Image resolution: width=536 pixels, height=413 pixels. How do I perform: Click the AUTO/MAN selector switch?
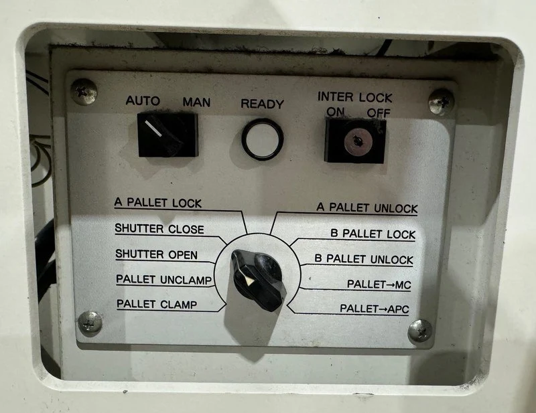pyautogui.click(x=167, y=135)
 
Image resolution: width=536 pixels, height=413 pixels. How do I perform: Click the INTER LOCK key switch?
pyautogui.click(x=355, y=141)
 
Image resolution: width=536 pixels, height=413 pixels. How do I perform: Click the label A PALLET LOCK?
pyautogui.click(x=158, y=203)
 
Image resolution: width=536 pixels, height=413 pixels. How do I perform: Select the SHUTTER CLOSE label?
pyautogui.click(x=159, y=228)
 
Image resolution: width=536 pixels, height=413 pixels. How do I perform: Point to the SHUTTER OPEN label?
pyautogui.click(x=156, y=254)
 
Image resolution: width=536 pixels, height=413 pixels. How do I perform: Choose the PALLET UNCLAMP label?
pyautogui.click(x=163, y=279)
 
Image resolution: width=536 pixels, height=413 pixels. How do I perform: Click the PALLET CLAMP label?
pyautogui.click(x=157, y=304)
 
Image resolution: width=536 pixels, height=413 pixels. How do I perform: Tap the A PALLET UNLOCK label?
pyautogui.click(x=366, y=208)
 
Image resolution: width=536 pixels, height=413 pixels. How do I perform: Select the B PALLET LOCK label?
pyautogui.click(x=373, y=234)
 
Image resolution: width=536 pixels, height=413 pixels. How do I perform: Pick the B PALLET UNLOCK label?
pyautogui.click(x=364, y=259)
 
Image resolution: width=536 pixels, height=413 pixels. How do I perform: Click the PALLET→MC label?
pyautogui.click(x=379, y=284)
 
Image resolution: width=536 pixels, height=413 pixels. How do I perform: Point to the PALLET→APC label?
pyautogui.click(x=375, y=309)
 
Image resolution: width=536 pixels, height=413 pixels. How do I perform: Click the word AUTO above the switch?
pyautogui.click(x=143, y=101)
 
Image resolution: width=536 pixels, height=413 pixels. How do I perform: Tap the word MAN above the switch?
pyautogui.click(x=196, y=102)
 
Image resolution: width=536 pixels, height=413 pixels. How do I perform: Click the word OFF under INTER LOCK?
pyautogui.click(x=379, y=112)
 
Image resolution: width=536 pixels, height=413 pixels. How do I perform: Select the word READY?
pyautogui.click(x=262, y=104)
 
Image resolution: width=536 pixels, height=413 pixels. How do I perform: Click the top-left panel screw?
pyautogui.click(x=84, y=92)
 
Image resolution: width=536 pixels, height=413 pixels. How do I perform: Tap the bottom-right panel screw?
pyautogui.click(x=420, y=331)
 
